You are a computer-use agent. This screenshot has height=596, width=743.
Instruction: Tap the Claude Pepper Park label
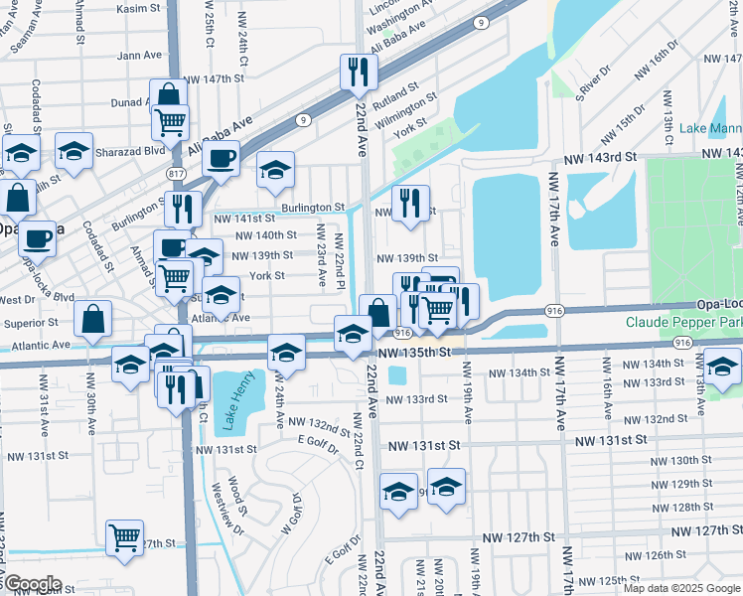click(x=683, y=323)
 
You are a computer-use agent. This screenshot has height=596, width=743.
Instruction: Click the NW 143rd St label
click(x=599, y=159)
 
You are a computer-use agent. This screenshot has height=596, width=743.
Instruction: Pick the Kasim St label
click(x=138, y=8)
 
